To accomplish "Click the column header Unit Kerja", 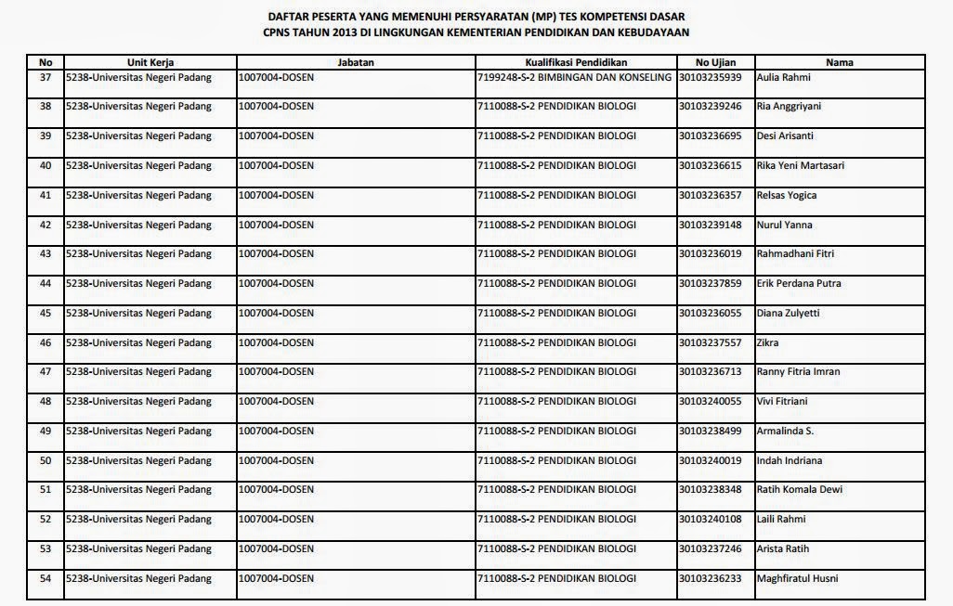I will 150,62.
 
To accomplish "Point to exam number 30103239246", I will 710,107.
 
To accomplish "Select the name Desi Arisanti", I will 786,136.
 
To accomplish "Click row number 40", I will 46,166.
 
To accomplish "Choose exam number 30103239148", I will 710,226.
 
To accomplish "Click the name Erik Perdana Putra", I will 800,284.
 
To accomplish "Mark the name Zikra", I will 768,343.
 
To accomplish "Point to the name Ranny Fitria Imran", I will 799,372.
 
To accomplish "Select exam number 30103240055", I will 710,402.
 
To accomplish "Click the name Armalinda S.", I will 786,432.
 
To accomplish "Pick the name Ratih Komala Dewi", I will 800,490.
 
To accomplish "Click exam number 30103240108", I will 710,520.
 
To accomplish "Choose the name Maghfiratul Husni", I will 798,579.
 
